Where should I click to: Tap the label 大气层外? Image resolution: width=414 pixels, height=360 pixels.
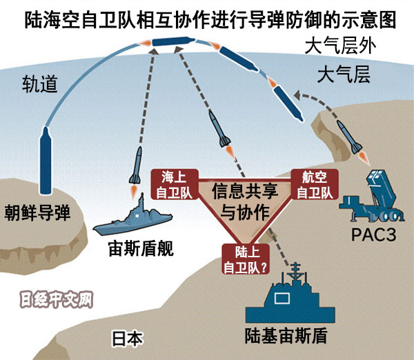342,48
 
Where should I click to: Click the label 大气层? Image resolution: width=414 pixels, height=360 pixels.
343,74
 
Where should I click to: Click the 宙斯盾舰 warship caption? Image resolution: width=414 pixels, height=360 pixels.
140,248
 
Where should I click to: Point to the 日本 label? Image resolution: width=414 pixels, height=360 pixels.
128,338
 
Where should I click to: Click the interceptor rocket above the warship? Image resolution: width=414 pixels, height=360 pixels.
139,164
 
